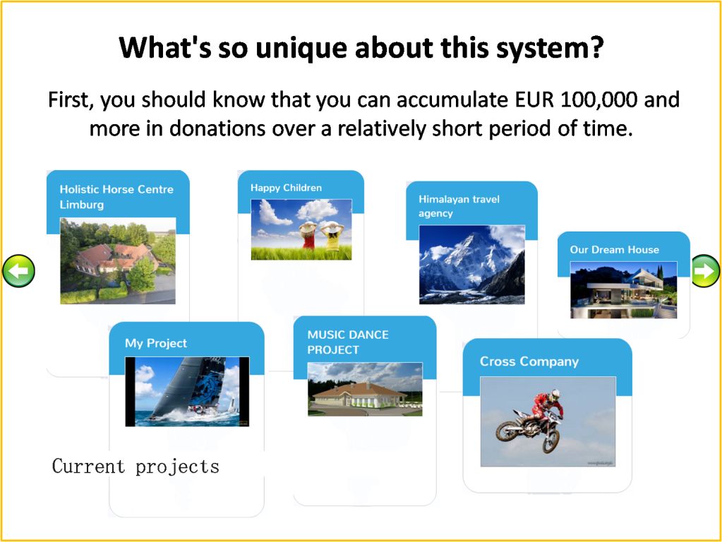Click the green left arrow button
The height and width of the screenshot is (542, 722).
coord(18,271)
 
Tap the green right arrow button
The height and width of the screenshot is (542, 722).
coord(705,271)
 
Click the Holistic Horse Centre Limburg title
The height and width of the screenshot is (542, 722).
coord(116,197)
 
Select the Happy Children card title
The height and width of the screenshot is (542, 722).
coord(286,188)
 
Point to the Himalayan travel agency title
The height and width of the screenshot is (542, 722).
coord(459,206)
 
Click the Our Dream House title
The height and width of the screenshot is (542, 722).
coord(614,250)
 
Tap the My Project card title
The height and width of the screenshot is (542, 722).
coord(156,343)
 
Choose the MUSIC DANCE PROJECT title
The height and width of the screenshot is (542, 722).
coord(348,342)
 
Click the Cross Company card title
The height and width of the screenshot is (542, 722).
coord(529,361)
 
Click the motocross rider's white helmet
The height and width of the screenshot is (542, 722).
coord(555,395)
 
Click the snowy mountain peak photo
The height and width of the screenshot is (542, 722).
coord(471,265)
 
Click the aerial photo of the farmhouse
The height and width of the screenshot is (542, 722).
coord(118,260)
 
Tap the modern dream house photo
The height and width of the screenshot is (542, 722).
coord(623,289)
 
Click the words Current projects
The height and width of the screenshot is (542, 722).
coord(136,466)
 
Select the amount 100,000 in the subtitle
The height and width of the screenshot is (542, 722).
coord(598,100)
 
